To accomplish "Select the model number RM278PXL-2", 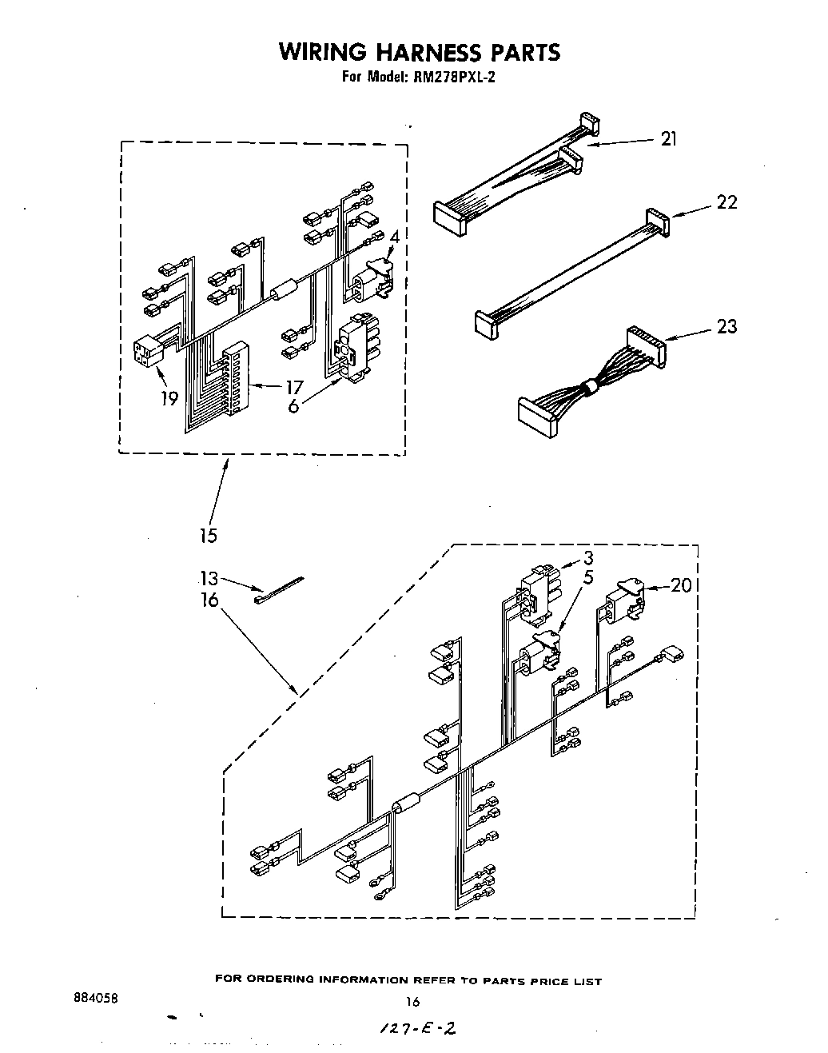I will [450, 78].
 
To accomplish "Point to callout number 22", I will [726, 202].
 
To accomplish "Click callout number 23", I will [726, 326].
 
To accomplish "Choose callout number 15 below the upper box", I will [208, 535].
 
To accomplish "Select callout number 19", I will [169, 397].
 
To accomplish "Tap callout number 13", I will [209, 579].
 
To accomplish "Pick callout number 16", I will [209, 599].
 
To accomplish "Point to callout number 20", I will [681, 585].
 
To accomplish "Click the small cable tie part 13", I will [278, 589].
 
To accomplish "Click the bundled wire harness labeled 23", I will [591, 387].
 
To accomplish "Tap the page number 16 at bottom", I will [412, 1000].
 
